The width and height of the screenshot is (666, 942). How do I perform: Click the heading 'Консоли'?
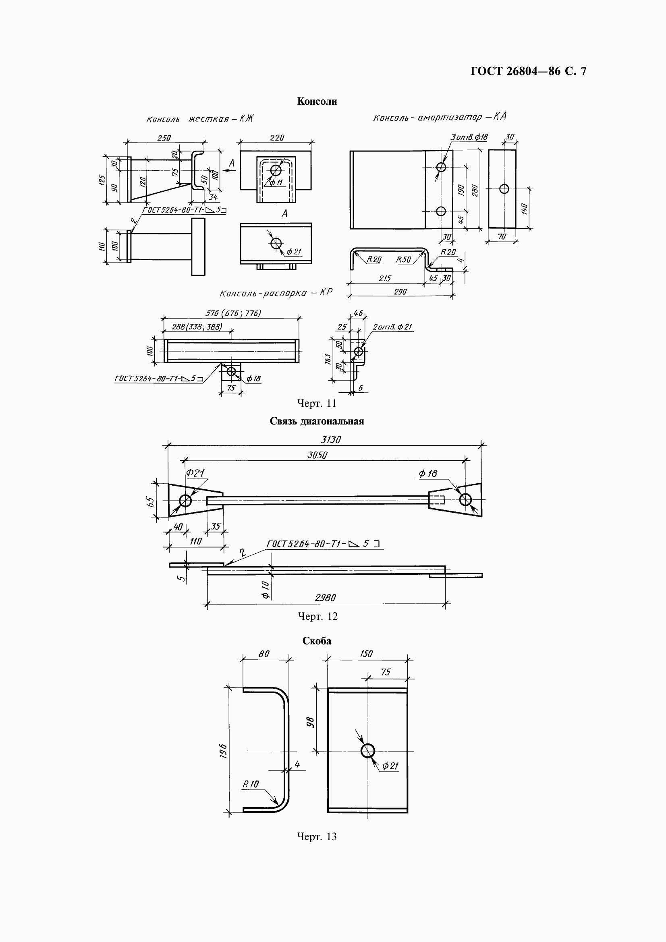tap(317, 101)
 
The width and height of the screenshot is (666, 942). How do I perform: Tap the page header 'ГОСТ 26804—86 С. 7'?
tap(529, 71)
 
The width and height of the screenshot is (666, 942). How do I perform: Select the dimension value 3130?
tap(331, 440)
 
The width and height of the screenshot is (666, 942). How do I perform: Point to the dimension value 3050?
tap(317, 455)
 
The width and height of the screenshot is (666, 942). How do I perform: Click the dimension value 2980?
tap(326, 598)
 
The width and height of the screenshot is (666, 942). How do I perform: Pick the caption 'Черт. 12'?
tap(317, 616)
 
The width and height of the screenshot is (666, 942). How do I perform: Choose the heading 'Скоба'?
tap(317, 641)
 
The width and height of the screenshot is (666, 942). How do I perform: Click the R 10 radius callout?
tap(251, 784)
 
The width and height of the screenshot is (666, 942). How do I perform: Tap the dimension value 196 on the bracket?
tap(223, 751)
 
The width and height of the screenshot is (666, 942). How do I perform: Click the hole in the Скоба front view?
tap(368, 751)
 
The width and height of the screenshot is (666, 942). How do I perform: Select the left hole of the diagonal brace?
tap(185, 501)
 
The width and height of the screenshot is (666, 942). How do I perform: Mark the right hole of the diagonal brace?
tap(465, 500)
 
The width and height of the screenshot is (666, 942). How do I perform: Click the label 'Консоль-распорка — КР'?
tap(276, 293)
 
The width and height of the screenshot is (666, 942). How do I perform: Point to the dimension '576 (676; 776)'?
tap(233, 313)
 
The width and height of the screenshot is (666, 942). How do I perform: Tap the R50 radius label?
tap(403, 260)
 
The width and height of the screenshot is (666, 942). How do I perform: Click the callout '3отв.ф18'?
tap(469, 137)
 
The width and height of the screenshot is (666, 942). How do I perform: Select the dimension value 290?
tap(400, 292)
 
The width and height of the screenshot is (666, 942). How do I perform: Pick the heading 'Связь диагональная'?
tap(317, 421)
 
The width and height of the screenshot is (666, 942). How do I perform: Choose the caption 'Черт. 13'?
tap(317, 836)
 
